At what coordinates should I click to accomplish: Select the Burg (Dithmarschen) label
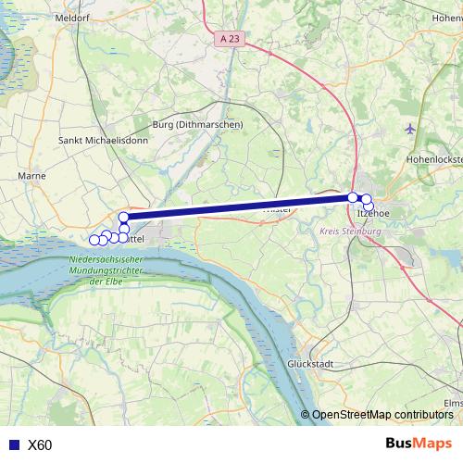(197, 124)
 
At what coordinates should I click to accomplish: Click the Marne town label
(31, 174)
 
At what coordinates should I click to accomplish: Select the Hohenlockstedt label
(433, 159)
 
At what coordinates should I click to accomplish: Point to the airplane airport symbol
(411, 128)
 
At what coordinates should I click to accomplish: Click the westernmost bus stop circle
(94, 241)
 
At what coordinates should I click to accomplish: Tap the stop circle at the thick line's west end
(124, 218)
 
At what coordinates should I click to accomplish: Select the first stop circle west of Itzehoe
(353, 197)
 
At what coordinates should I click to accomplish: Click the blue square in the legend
(13, 445)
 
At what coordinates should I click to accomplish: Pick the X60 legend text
(40, 445)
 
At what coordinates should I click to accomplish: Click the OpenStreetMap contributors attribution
(382, 414)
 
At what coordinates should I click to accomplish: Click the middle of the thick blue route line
(238, 207)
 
